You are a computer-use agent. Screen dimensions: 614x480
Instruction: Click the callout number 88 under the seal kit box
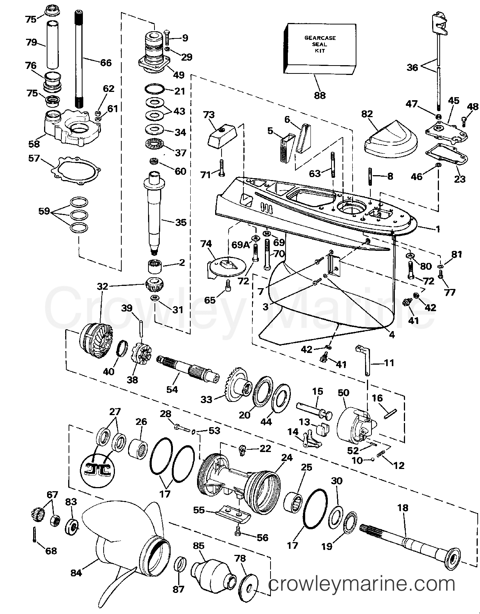[319, 96]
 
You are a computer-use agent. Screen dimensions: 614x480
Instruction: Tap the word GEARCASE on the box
[320, 38]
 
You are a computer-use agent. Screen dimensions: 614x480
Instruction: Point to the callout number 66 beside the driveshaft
[106, 63]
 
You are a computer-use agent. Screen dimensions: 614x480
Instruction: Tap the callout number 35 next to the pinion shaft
[181, 222]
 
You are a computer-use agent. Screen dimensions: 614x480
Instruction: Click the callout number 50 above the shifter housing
[343, 393]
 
